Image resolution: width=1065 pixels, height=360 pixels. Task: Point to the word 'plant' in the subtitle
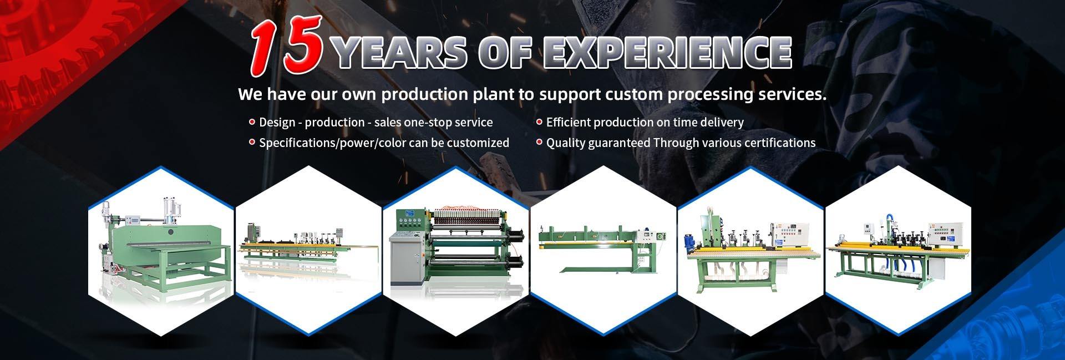click(493, 95)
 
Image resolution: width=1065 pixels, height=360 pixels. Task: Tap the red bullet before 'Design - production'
click(252, 121)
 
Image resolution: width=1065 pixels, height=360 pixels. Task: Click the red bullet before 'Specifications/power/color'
click(252, 142)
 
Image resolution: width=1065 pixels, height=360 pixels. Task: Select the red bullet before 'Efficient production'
click(539, 121)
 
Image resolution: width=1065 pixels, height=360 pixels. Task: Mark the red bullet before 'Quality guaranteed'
click(539, 142)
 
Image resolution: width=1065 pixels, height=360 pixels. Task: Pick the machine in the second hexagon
click(307, 253)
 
